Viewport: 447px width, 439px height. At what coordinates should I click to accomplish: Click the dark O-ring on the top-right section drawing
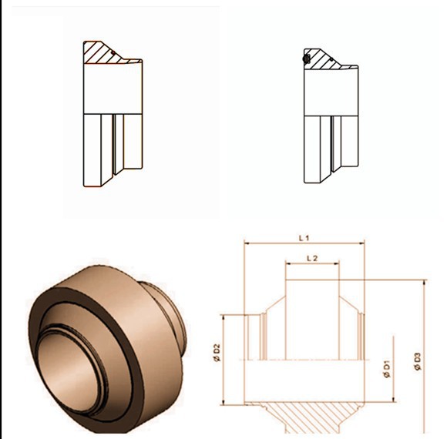point(308,58)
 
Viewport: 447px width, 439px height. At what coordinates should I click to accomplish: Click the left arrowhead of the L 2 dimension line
point(288,264)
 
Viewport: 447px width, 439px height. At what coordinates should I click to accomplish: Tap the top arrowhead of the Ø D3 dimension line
point(423,282)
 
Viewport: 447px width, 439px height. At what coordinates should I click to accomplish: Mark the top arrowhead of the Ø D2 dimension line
point(224,317)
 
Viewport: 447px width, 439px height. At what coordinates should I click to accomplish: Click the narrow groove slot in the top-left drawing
point(115,142)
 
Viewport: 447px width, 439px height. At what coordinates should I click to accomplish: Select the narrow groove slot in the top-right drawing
point(332,142)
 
